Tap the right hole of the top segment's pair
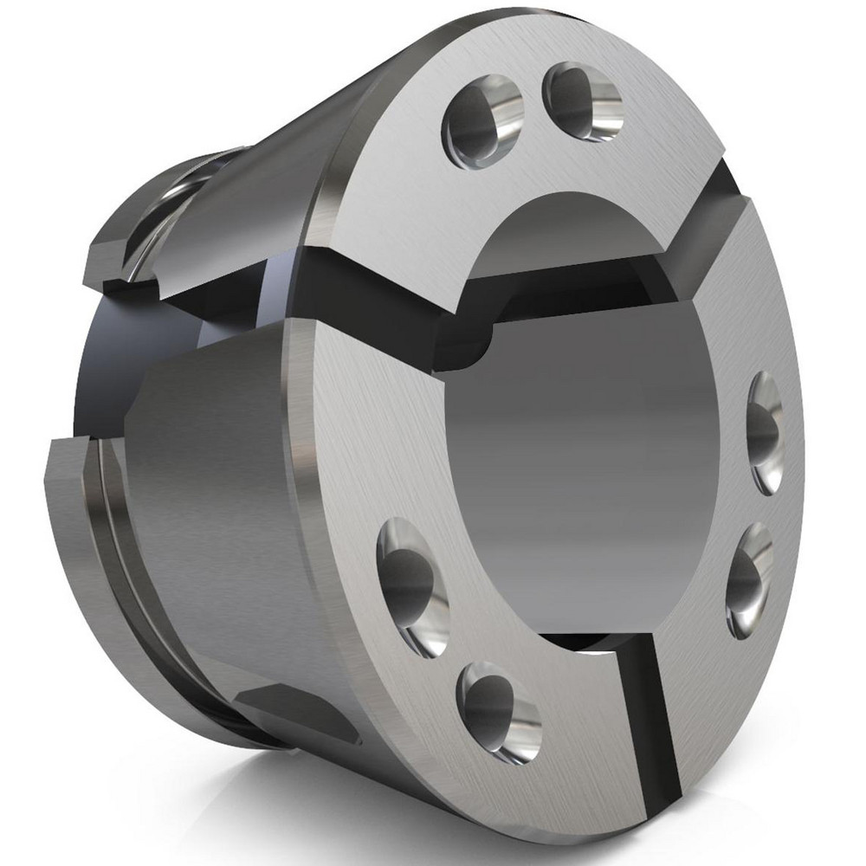pyautogui.click(x=582, y=101)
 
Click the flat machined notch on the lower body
pyautogui.click(x=294, y=710)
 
